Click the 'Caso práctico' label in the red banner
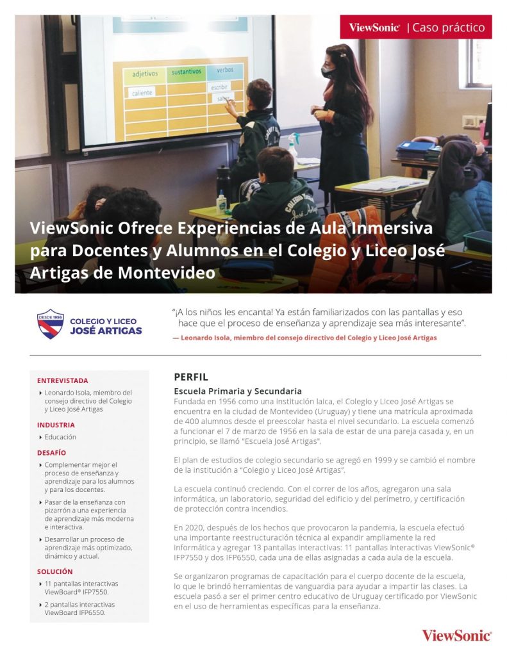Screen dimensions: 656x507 click(449, 28)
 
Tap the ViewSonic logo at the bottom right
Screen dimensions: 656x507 click(456, 635)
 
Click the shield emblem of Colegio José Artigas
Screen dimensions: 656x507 click(50, 324)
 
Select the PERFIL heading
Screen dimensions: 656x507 click(191, 377)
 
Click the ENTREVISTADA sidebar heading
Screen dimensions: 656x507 click(63, 381)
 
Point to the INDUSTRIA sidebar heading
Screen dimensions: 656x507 click(56, 425)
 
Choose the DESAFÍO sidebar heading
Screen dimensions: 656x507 click(51, 452)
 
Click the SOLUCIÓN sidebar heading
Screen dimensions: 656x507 click(55, 571)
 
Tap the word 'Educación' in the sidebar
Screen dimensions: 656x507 click(60, 437)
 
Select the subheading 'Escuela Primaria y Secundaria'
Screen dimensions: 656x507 click(238, 391)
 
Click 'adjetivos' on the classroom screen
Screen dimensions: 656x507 click(145, 74)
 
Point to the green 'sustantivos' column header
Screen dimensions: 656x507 click(186, 72)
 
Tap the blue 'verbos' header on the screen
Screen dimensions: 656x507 click(225, 69)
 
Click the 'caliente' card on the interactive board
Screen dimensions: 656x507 click(142, 93)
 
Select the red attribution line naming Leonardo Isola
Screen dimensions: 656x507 click(304, 338)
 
